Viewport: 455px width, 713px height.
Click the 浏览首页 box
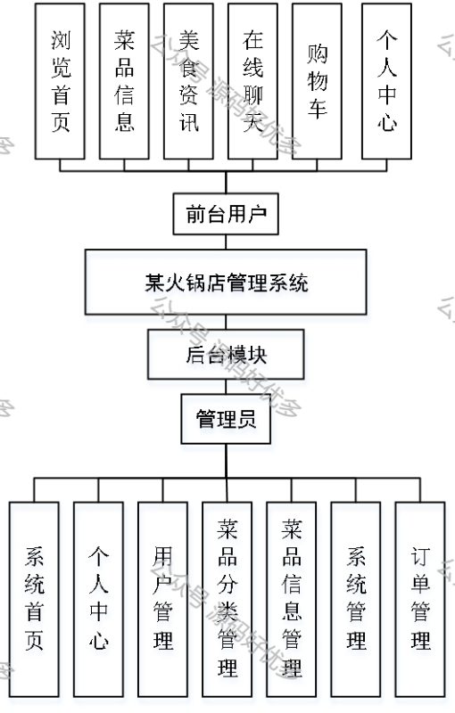coord(61,81)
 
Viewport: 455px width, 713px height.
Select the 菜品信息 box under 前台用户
coord(124,81)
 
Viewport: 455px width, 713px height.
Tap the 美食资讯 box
coord(188,81)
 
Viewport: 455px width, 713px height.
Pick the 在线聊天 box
coord(252,81)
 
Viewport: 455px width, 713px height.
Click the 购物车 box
coord(317,81)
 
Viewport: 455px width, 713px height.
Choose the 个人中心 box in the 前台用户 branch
coord(386,81)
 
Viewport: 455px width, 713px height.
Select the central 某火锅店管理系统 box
coord(226,283)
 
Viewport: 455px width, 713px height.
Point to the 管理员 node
coord(226,418)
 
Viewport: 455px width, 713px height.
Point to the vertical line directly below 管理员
coord(226,460)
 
